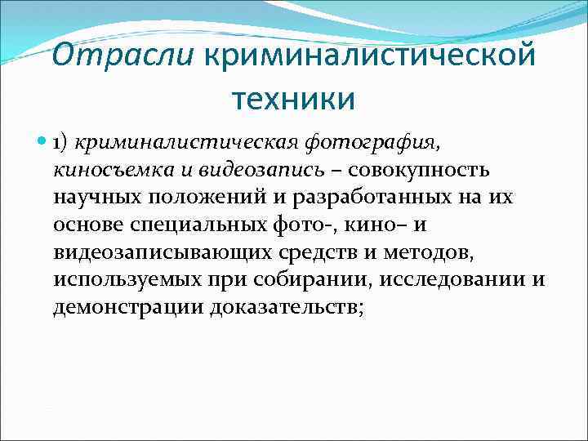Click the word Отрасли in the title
tap(123, 59)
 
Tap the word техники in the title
tap(294, 99)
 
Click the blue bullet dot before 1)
tap(43, 143)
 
